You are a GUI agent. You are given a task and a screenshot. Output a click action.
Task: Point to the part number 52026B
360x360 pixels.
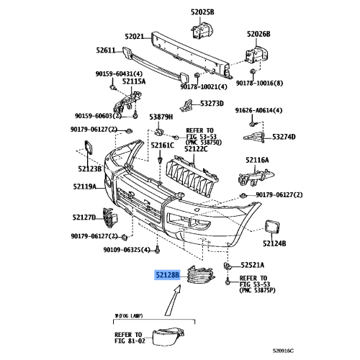click(258, 33)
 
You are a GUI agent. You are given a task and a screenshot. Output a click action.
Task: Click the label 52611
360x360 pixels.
click(106, 50)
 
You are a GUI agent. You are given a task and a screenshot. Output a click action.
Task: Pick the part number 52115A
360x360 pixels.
click(133, 81)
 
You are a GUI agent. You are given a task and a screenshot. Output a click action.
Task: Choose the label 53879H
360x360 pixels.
click(161, 116)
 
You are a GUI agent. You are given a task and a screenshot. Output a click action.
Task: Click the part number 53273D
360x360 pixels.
click(212, 102)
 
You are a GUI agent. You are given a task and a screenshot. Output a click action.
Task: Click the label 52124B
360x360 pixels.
click(274, 244)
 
